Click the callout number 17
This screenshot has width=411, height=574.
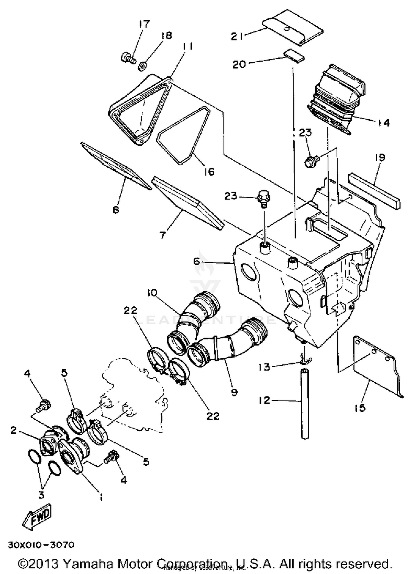point(144,24)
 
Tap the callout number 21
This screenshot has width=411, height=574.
point(237,36)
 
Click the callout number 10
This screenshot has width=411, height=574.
point(152,293)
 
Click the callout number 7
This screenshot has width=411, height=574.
point(163,235)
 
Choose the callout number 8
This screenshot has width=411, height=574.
point(116,210)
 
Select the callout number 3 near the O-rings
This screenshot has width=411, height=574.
point(41,495)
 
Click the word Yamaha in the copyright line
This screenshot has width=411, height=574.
point(89,564)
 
